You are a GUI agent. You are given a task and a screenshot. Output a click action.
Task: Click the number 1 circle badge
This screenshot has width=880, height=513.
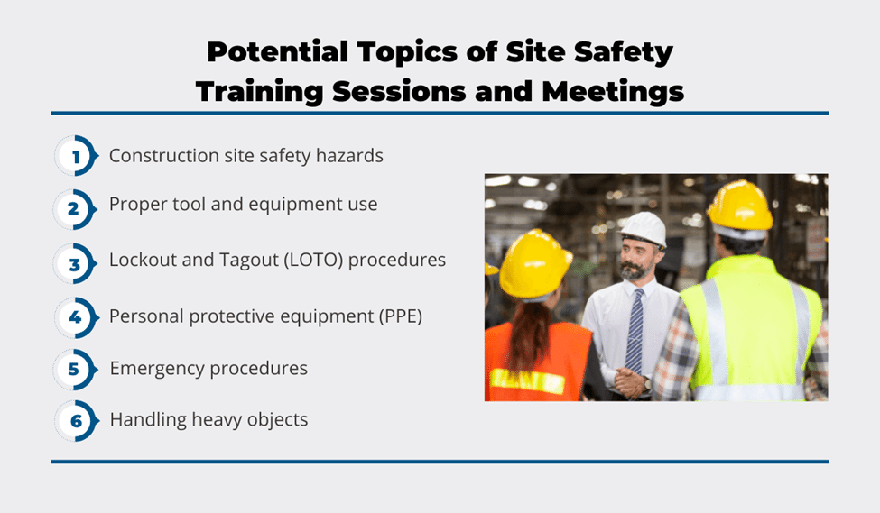(x=77, y=156)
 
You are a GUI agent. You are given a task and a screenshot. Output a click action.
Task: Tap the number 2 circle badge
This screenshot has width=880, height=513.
(x=75, y=209)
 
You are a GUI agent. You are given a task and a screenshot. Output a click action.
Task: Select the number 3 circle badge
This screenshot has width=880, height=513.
(x=75, y=263)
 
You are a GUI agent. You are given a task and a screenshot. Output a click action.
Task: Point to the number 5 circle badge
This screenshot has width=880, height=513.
(x=75, y=370)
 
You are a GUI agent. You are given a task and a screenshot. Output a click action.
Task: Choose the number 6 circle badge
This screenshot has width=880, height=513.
(x=77, y=420)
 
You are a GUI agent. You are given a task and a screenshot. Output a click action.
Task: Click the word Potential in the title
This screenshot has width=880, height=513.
(x=277, y=52)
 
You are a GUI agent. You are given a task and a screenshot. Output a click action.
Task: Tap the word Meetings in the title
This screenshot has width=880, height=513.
(x=613, y=91)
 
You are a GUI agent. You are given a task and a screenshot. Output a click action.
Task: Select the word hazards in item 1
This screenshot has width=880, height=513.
(x=349, y=155)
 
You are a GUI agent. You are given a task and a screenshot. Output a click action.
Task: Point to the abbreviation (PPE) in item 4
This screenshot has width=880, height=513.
(x=401, y=316)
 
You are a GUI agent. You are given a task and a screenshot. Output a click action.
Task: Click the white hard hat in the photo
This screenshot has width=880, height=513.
(x=644, y=229)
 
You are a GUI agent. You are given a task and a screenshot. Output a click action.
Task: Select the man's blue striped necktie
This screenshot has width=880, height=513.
(x=635, y=331)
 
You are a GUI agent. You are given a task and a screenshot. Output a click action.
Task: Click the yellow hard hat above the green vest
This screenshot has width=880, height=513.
(x=740, y=206)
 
